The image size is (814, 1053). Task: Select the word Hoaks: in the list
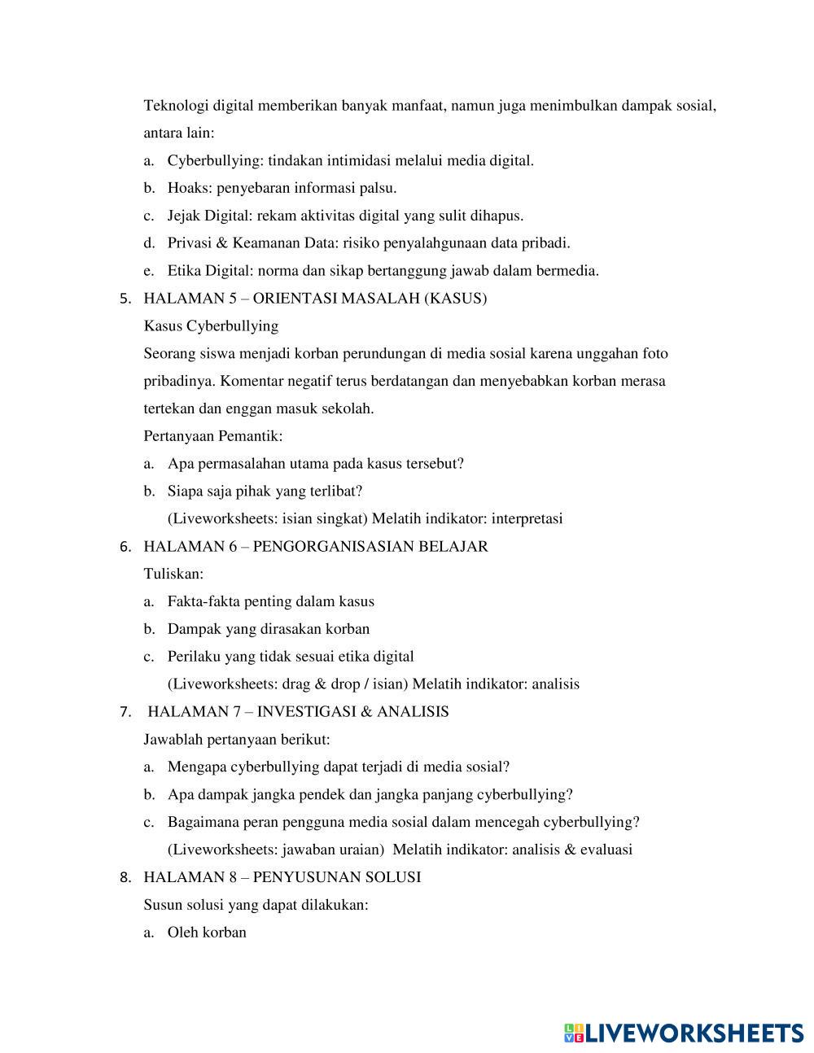190,189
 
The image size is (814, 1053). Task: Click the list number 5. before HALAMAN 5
125,299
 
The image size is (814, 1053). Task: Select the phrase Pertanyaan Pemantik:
213,436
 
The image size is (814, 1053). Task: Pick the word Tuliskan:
173,575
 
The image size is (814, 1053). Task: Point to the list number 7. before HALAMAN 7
125,712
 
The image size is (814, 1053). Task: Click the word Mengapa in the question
197,767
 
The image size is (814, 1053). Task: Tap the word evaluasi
606,850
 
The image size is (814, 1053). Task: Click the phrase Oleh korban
207,933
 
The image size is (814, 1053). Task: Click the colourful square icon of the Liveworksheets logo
573,1033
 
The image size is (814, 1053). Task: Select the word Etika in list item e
184,271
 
